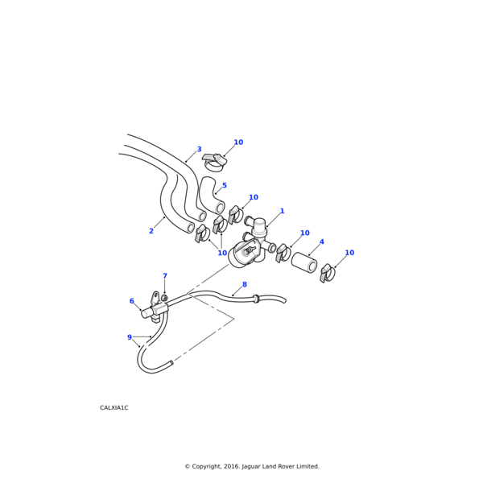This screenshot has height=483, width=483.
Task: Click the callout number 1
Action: coord(282,211)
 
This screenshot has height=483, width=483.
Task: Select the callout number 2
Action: coord(151,231)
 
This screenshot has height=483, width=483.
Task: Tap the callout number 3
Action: coord(199,150)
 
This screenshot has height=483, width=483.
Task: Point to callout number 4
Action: coord(321,242)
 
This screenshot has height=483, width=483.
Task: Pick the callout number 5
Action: coord(225,185)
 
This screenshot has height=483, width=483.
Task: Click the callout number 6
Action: coord(132,301)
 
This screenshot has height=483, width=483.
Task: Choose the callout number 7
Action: coord(165,276)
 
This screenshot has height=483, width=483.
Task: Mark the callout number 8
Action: coord(245,284)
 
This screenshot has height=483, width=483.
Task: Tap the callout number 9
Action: coord(130,337)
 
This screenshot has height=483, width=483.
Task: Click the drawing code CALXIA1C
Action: coord(114,408)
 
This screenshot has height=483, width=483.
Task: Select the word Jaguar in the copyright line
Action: coord(252,467)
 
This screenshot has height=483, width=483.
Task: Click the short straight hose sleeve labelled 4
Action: coord(304,262)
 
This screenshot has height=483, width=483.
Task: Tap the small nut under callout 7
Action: coord(164,298)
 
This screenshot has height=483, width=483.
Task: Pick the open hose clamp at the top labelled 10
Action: coord(214,163)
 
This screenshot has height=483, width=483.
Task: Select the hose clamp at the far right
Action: coord(327,273)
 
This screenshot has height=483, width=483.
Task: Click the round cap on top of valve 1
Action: coord(258,222)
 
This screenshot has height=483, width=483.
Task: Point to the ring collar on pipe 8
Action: coord(255,298)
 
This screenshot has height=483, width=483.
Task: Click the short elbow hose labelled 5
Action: coord(212,196)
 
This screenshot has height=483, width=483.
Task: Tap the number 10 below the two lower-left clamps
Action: coord(222,253)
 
